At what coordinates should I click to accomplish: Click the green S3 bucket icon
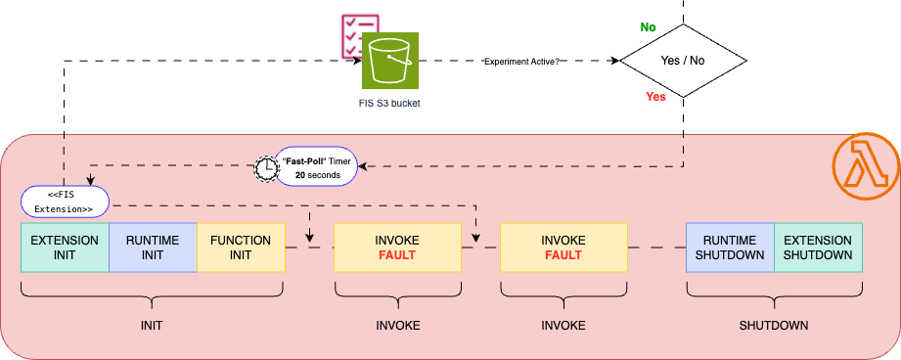click(x=390, y=61)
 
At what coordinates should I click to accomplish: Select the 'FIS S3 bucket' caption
click(x=389, y=103)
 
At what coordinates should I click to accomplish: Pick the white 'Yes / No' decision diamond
click(x=682, y=61)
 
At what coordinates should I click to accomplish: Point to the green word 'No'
click(x=648, y=27)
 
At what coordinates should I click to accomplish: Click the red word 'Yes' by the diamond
click(x=656, y=97)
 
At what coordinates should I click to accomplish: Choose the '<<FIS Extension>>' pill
click(x=65, y=202)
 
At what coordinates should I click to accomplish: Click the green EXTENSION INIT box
click(x=65, y=247)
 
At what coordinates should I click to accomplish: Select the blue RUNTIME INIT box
click(x=153, y=247)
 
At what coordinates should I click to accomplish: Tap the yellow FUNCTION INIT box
click(x=241, y=247)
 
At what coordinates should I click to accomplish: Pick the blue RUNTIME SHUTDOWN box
click(x=730, y=247)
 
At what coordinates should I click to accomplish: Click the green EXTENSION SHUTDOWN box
click(x=818, y=247)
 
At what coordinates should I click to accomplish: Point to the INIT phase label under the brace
click(x=152, y=325)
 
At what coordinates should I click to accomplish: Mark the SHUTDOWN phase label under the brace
click(x=774, y=325)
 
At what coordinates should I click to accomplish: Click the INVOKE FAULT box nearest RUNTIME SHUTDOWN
click(x=563, y=247)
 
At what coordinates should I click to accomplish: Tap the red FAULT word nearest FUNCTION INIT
click(x=397, y=256)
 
